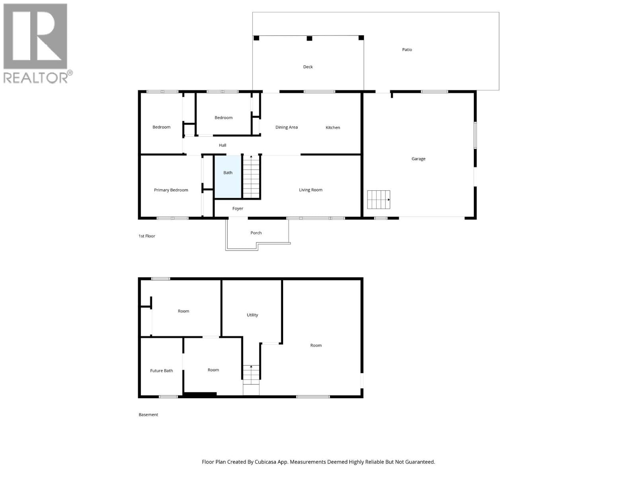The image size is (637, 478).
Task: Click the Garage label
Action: coord(418,159)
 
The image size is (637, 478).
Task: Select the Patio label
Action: coord(407,50)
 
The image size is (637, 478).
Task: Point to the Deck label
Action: coord(308,67)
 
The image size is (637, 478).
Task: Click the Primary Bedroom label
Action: coord(171,190)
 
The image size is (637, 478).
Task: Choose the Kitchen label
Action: coord(333,127)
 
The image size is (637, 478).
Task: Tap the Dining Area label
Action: coord(287,127)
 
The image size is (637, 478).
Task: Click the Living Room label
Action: coord(311,190)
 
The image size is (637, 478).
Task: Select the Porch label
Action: coord(256,233)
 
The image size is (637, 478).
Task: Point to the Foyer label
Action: coord(238,209)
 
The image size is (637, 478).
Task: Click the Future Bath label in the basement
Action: coord(161,371)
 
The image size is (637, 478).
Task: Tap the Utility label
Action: coord(252,315)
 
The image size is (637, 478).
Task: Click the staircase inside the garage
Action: coord(378,200)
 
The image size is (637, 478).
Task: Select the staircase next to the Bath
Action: coord(251,177)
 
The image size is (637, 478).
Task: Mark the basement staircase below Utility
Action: coord(251,375)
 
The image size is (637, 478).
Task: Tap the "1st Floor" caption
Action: coord(147,236)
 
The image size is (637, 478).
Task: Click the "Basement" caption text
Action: coord(149,415)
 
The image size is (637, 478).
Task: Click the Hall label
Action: coord(223,145)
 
